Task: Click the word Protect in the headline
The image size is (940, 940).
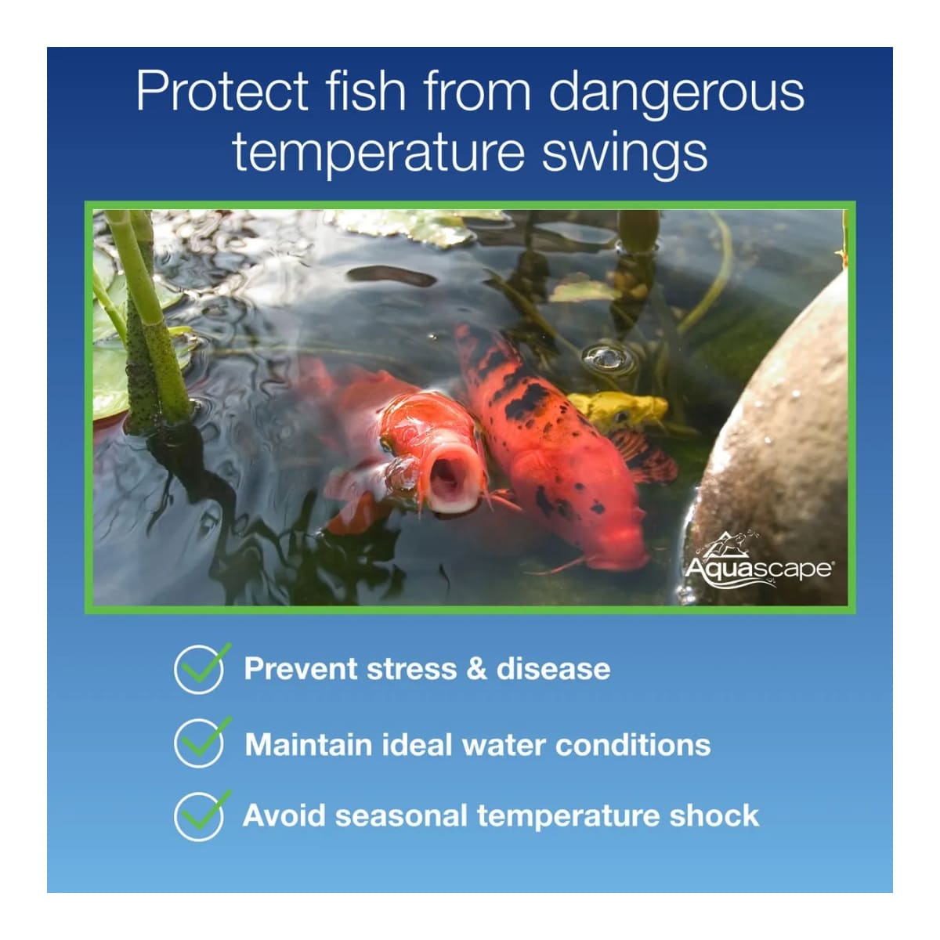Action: [x=222, y=91]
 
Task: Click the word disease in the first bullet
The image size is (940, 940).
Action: [x=553, y=668]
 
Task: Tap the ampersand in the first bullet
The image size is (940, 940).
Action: [x=476, y=668]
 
